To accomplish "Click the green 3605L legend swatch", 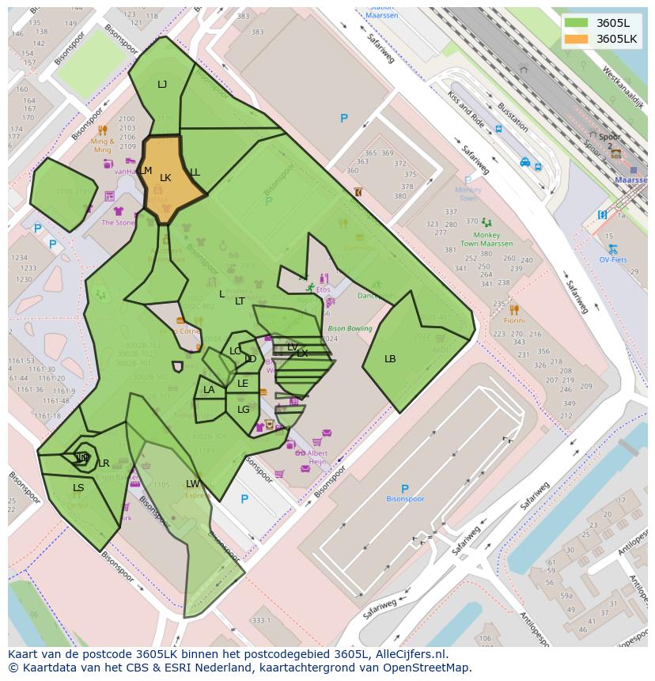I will coord(576,22).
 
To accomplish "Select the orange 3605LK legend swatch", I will coord(576,39).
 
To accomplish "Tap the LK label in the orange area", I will coord(165,178).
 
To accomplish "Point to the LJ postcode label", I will coord(162,85).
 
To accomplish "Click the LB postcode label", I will coord(390,359).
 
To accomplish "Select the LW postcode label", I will coord(193,484).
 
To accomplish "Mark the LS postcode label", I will coord(78,488).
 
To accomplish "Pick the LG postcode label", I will coord(244,410).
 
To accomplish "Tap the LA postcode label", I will coord(209,390).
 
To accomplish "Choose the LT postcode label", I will coord(240,301).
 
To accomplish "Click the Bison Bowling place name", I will coord(349,328).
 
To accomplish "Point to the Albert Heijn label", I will coord(317,458).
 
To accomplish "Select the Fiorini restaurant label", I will coord(514,320).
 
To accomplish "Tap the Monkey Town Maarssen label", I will coord(487,240).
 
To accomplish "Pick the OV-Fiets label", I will coord(612,259).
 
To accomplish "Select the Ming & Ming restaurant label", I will coord(102,146).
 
